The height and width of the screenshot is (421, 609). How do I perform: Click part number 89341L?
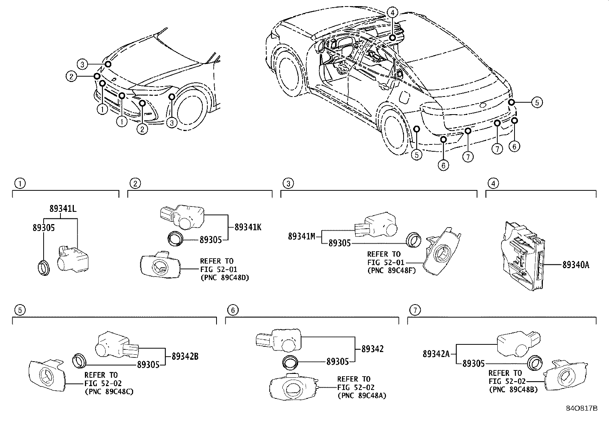pos(63,209)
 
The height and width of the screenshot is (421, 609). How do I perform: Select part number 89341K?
pos(248,227)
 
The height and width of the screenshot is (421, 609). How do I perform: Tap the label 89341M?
pos(301,237)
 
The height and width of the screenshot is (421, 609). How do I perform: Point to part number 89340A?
pos(576,265)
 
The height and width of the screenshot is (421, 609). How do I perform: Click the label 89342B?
pos(185,356)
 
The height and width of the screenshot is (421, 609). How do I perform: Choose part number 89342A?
pos(436,354)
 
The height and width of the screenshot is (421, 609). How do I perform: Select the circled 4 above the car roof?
pos(392,13)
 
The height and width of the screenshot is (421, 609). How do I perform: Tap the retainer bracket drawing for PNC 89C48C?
pos(47,375)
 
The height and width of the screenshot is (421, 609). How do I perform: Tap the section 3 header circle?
pos(288,183)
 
